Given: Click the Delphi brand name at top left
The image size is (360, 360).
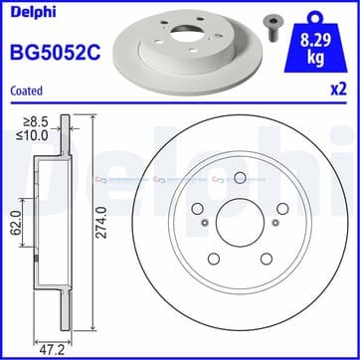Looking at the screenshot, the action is (x=33, y=12).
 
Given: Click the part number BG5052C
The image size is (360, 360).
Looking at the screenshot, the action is (x=56, y=52).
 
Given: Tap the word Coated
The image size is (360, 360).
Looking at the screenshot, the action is (x=27, y=90).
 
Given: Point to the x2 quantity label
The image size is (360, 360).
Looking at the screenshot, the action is (x=338, y=90).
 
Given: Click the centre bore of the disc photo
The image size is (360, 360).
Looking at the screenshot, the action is (x=183, y=34).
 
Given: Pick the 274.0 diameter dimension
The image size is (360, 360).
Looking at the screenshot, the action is (x=102, y=222).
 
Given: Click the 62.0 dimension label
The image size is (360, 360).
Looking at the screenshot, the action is (x=17, y=222).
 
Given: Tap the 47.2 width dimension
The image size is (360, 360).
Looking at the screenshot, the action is (x=51, y=349).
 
